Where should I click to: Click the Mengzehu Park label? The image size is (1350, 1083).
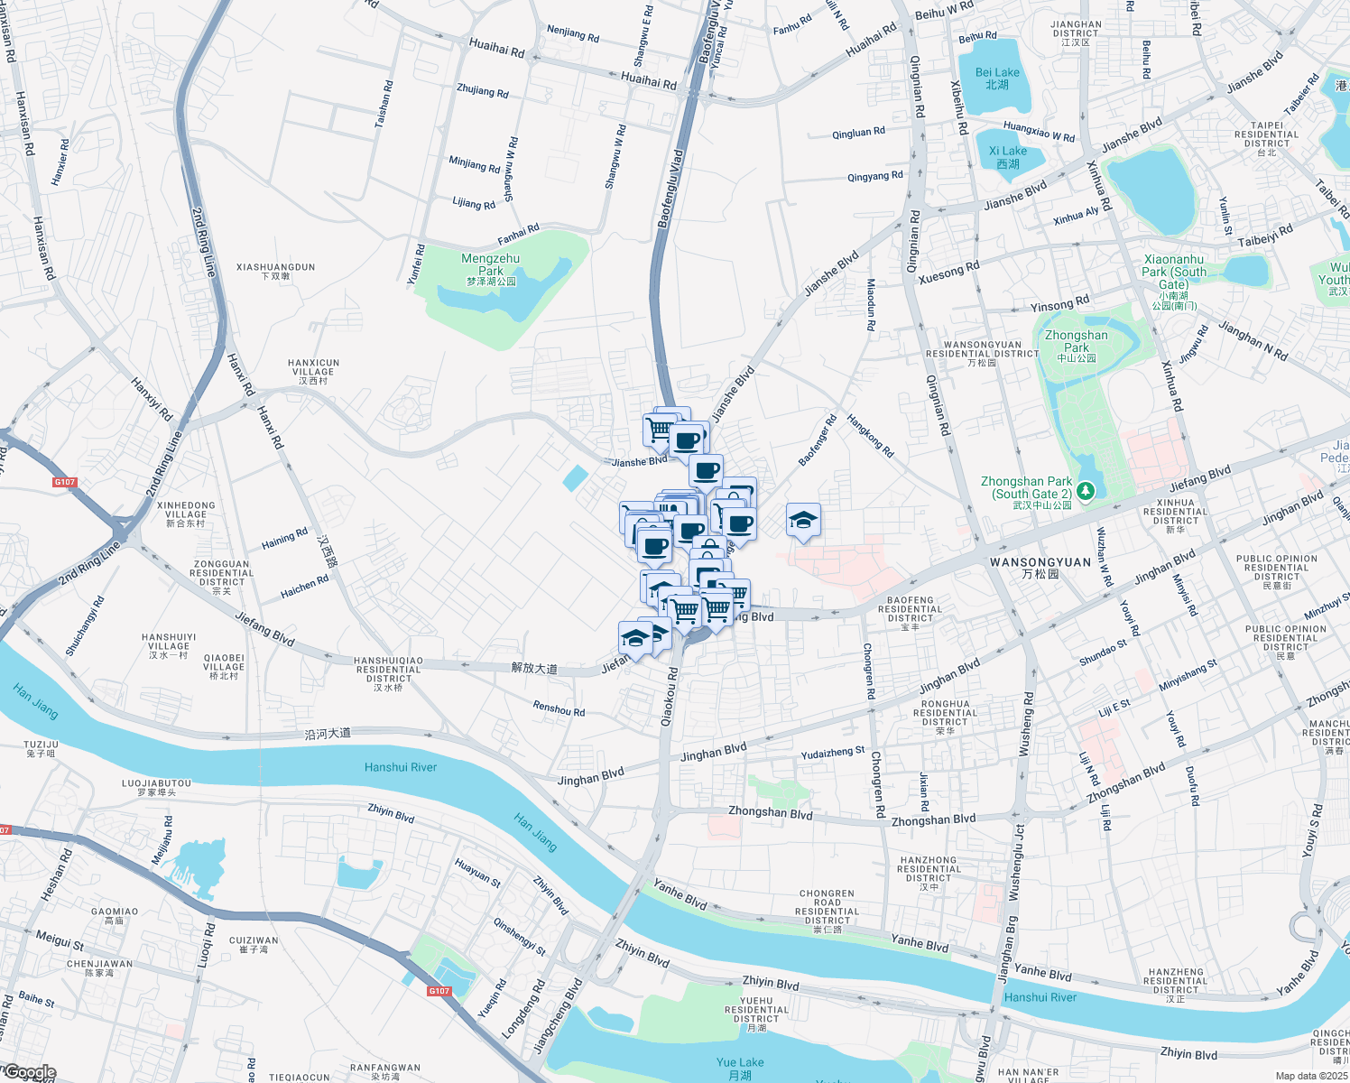click(491, 264)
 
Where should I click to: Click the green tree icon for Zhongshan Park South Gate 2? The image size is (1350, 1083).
click(1086, 491)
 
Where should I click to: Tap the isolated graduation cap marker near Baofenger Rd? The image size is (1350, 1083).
click(803, 520)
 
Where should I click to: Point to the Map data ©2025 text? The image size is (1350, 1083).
click(1310, 1076)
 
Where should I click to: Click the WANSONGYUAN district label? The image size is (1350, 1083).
click(1040, 562)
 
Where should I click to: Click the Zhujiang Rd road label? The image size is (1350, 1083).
click(483, 91)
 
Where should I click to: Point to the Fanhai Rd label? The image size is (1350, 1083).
click(518, 235)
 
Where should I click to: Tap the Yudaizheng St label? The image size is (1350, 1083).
click(833, 752)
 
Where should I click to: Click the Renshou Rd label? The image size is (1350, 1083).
click(559, 709)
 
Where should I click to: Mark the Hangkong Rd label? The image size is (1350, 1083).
click(870, 436)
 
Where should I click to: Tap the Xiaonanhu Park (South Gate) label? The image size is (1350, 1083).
click(1174, 272)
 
